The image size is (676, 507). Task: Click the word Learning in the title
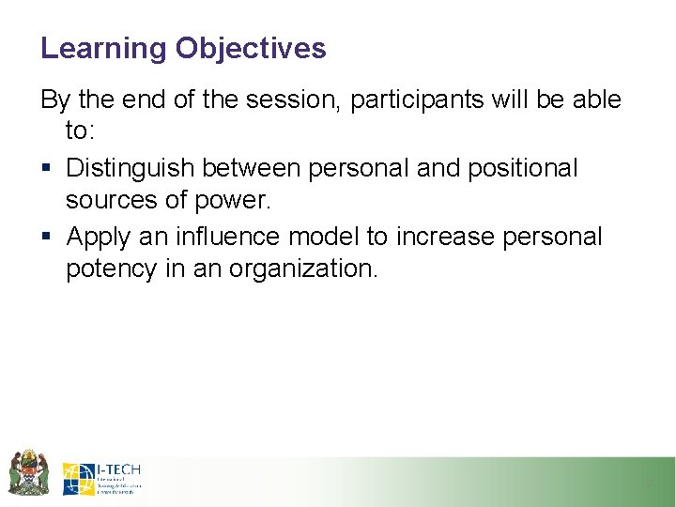103,49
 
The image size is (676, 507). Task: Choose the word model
325,236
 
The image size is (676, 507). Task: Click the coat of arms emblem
28,473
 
